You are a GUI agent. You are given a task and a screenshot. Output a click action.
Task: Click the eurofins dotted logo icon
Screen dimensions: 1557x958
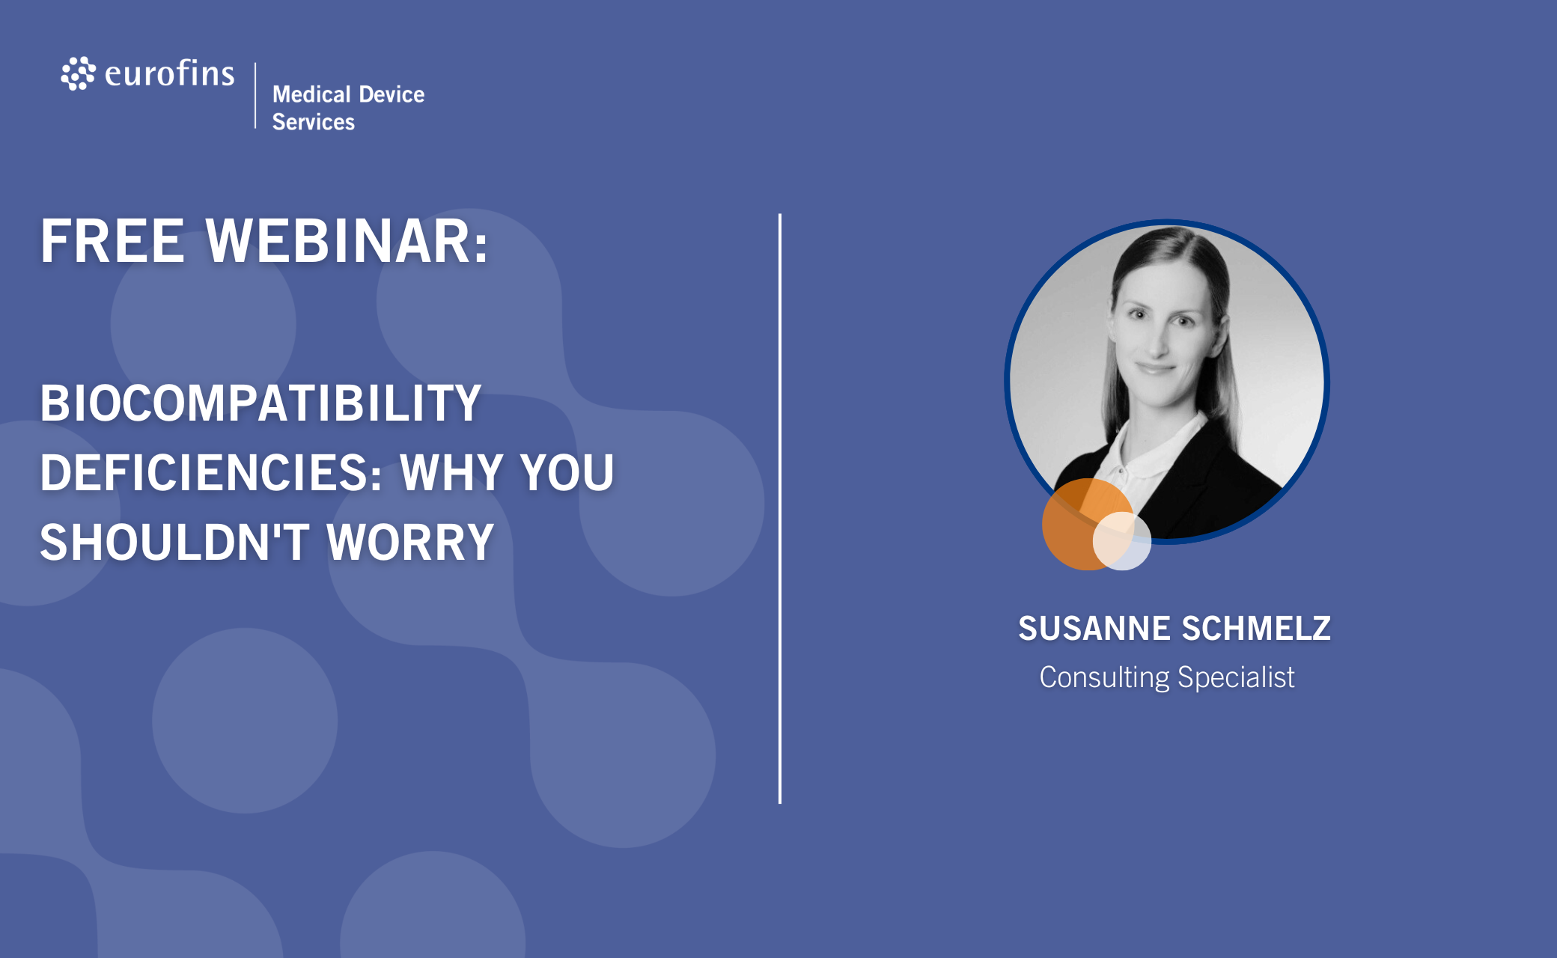coord(78,73)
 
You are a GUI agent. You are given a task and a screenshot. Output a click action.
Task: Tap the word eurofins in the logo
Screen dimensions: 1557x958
coord(170,73)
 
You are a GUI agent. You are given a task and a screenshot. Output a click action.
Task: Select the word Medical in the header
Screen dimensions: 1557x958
coord(311,94)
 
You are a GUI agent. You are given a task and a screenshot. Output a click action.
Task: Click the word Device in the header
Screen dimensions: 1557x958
coord(391,94)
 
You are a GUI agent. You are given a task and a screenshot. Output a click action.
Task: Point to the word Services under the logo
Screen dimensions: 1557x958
coord(314,122)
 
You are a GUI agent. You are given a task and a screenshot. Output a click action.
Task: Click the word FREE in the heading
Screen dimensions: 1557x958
coord(112,241)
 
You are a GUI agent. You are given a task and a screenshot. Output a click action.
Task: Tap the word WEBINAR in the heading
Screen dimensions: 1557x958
coord(347,241)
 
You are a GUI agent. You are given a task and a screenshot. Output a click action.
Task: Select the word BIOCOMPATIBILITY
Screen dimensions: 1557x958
coord(260,403)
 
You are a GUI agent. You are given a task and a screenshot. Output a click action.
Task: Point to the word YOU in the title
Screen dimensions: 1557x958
coord(567,472)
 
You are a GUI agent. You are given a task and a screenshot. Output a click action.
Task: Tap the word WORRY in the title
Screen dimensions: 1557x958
coord(410,542)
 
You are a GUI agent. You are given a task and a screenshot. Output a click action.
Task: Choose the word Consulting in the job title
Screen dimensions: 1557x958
coord(1104,677)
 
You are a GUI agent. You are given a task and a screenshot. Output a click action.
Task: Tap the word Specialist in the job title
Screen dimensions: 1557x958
coord(1236,677)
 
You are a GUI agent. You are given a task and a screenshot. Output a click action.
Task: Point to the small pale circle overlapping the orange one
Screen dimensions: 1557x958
coord(1122,541)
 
